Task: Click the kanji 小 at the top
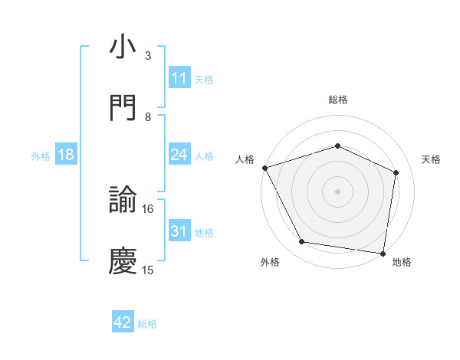[x=123, y=47]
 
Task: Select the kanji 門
[x=123, y=109]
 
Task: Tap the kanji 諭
[x=123, y=201]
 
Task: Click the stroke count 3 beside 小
[x=148, y=56]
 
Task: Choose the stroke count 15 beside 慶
[x=148, y=270]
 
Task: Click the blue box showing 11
[x=179, y=78]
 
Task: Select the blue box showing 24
[x=179, y=155]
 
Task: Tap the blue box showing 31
[x=179, y=231]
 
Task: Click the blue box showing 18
[x=66, y=155]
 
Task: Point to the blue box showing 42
[x=123, y=323]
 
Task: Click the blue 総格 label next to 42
[x=147, y=324]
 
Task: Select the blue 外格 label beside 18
[x=41, y=155]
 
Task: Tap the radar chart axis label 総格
[x=337, y=100]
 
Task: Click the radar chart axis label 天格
[x=432, y=159]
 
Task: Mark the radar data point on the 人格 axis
[x=264, y=168]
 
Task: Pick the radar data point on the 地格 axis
[x=383, y=253]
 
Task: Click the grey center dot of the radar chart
[x=337, y=191]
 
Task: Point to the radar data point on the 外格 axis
[x=302, y=242]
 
